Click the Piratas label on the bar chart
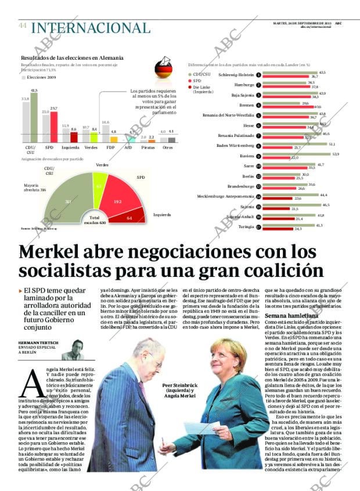(147, 147)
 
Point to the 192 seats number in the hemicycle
(118, 201)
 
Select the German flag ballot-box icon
(164, 68)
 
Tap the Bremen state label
(246, 105)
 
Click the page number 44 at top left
(23, 26)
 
